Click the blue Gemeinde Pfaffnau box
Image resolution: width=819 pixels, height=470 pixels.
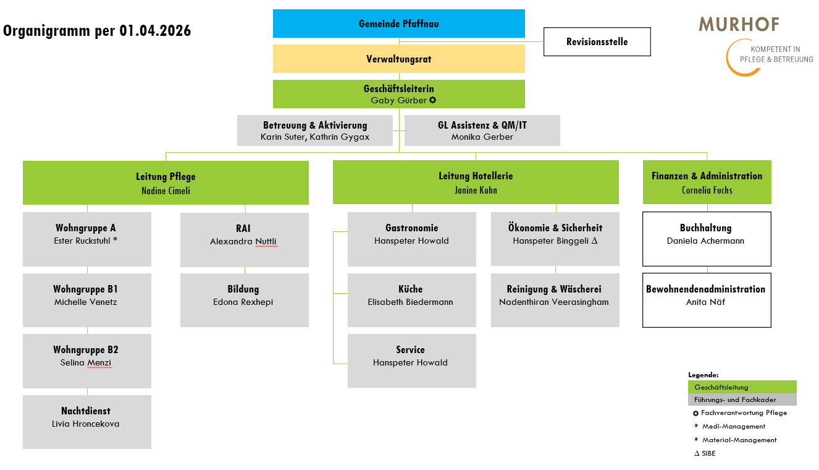point(398,23)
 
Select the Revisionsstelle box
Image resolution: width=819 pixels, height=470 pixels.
point(597,42)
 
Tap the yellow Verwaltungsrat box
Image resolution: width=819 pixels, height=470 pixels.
point(398,59)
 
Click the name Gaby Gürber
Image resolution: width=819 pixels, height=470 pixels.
point(398,100)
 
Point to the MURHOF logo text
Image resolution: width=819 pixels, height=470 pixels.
point(739,25)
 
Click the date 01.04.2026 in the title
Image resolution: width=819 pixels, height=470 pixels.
point(154,30)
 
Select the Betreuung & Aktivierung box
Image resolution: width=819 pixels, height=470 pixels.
point(314,130)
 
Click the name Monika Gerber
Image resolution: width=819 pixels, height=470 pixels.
point(482,137)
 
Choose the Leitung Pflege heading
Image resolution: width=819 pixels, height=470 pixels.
point(166,177)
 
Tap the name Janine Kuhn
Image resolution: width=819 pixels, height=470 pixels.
point(476,190)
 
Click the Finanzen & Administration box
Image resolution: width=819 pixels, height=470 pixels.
point(707,182)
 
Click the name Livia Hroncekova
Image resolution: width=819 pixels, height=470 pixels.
point(86,424)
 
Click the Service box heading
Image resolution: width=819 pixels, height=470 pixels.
point(411,350)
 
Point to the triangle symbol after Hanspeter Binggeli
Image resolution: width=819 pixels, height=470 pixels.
point(594,241)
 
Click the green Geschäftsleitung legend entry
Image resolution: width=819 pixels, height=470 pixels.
point(742,387)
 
